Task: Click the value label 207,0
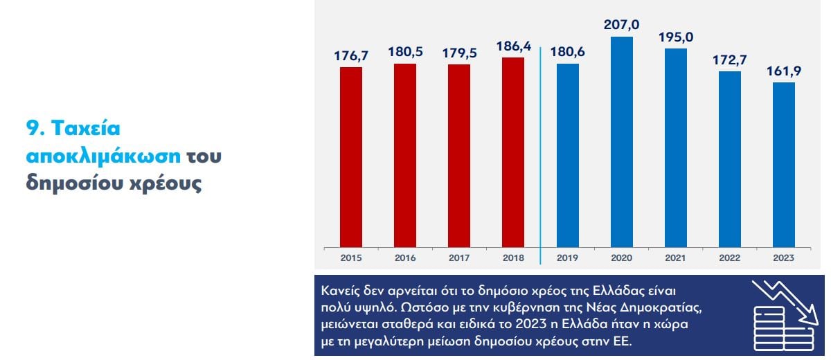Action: tap(622, 26)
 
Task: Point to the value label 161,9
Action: tap(784, 71)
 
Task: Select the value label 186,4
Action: tap(513, 47)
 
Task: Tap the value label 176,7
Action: tap(351, 55)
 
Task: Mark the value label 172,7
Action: tap(730, 60)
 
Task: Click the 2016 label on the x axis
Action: tap(405, 258)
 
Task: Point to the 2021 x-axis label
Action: tap(676, 258)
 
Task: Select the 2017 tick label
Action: tap(459, 258)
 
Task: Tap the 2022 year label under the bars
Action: tap(730, 258)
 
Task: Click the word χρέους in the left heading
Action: tap(169, 185)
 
